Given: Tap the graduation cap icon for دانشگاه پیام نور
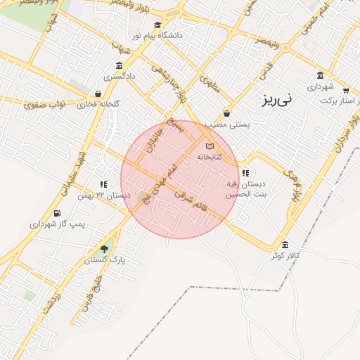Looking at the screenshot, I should (x=156, y=25).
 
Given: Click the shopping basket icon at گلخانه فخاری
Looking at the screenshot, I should (x=97, y=94).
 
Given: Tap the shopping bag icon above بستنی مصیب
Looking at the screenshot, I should (x=226, y=113).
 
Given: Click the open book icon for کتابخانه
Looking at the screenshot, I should (x=209, y=146).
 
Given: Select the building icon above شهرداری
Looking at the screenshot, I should (x=320, y=76).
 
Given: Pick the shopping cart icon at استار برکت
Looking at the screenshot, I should (x=345, y=91).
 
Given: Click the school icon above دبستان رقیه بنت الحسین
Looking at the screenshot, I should (x=245, y=173).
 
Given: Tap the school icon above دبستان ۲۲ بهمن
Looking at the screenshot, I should (x=104, y=184).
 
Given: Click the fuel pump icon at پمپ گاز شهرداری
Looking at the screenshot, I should (x=56, y=213).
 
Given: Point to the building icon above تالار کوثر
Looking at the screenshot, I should (x=284, y=245).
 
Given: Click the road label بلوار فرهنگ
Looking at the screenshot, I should (x=294, y=183).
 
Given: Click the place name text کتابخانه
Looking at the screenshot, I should (x=209, y=157).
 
